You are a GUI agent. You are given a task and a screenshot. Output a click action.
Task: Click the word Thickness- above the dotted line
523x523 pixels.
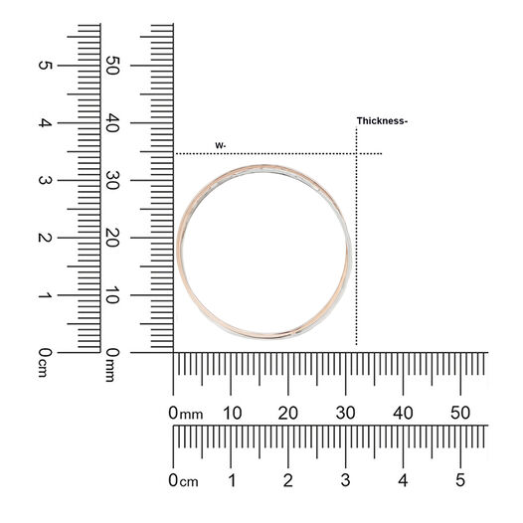point(382,120)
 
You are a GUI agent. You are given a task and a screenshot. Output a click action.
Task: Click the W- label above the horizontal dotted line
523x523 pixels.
point(221,145)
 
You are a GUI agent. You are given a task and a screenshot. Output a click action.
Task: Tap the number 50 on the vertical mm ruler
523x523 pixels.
point(112,66)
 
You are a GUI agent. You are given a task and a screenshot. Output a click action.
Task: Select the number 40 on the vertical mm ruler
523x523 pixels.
point(112,122)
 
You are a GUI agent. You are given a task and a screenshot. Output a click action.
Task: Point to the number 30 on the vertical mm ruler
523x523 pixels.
point(112,180)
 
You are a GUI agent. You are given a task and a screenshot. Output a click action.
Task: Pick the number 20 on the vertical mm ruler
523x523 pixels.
point(112,238)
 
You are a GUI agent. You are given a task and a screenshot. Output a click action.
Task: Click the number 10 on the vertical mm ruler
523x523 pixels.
point(112,295)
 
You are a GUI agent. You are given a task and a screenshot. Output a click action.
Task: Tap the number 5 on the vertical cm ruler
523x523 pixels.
point(46,65)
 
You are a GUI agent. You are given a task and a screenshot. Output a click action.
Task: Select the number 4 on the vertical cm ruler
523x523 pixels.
point(46,122)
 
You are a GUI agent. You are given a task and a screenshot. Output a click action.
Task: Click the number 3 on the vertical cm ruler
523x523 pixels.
point(46,180)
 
